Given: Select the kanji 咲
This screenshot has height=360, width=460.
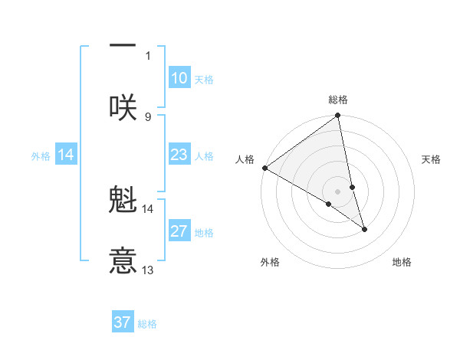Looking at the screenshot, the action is tap(123, 107).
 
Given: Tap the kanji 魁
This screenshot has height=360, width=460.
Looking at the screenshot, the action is tap(123, 201).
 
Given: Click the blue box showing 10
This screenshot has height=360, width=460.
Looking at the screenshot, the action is tap(179, 78).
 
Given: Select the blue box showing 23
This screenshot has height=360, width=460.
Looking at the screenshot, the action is tap(179, 155).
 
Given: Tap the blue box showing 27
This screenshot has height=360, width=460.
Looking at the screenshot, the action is tap(179, 231).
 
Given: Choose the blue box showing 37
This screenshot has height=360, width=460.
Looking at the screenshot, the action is tap(123, 322).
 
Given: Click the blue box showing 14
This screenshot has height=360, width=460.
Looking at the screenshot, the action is tap(66, 155).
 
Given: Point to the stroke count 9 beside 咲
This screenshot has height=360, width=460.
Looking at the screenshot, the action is tap(148, 116).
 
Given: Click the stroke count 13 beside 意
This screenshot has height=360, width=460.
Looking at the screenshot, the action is tap(148, 270).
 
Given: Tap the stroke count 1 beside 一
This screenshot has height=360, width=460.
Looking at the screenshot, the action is tap(148, 55).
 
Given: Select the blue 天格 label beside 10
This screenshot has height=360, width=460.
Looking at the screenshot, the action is tap(204, 79).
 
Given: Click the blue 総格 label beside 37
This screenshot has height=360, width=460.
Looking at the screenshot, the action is tap(148, 324).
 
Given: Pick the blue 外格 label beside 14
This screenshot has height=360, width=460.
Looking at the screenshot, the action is tap(41, 155).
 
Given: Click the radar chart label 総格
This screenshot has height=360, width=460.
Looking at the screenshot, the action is tap(338, 100).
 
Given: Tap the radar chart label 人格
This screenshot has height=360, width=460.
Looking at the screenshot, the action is tap(245, 159).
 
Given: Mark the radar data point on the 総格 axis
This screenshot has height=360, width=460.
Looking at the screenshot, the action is tap(338, 116).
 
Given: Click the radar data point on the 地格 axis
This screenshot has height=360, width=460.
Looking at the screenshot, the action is tap(364, 229).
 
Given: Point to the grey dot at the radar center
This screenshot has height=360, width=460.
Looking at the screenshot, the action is tap(338, 191).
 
